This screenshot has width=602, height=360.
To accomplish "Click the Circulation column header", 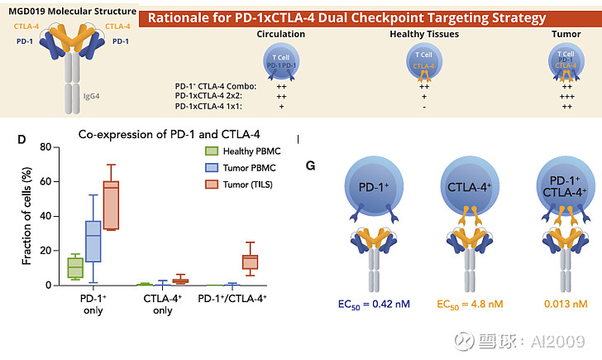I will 280,34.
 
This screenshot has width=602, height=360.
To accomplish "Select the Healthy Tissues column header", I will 424,34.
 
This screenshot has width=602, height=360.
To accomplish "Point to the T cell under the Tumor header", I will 567,60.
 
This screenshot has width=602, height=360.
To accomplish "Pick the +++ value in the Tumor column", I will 567,96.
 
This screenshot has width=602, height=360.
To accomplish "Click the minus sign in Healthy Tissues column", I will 424,106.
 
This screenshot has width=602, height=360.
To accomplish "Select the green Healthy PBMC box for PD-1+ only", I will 75,267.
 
